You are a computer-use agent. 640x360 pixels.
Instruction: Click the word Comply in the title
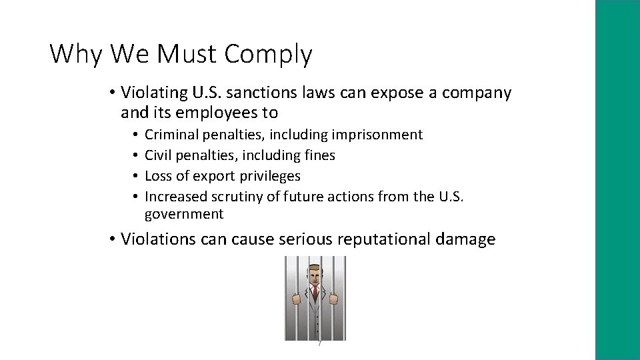(268, 54)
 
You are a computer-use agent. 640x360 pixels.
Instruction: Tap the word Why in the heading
(75, 53)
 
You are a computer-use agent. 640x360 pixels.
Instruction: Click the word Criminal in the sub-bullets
(171, 135)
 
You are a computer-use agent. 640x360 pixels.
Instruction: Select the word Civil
(158, 155)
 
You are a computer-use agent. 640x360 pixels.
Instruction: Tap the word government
(184, 214)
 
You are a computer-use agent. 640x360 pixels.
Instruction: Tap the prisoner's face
(313, 274)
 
